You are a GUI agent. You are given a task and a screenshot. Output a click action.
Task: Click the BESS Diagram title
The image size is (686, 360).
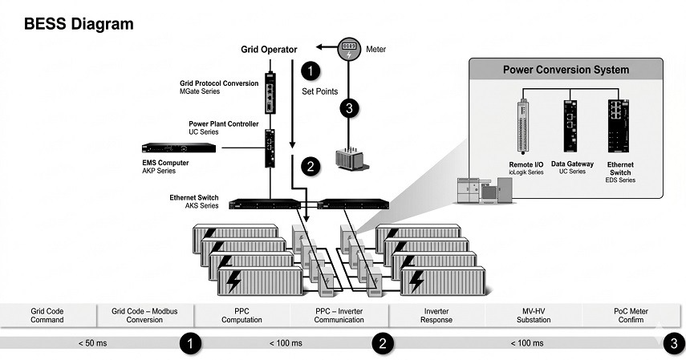[x=79, y=24]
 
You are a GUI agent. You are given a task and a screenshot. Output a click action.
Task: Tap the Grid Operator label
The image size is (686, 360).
[x=269, y=49]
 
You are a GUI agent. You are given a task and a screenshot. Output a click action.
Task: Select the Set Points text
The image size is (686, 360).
[x=320, y=91]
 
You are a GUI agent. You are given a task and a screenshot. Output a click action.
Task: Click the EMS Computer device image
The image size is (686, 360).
[x=178, y=148]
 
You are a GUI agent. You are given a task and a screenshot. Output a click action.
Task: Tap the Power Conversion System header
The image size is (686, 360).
[x=566, y=69]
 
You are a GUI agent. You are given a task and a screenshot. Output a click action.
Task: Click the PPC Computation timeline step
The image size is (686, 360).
[x=242, y=315]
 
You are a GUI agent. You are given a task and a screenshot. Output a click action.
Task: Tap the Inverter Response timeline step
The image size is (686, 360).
[x=436, y=315]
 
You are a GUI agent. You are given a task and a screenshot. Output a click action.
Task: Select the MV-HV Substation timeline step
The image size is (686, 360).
[x=533, y=315]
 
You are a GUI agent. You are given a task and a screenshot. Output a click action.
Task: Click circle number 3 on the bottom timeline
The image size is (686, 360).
[x=672, y=343]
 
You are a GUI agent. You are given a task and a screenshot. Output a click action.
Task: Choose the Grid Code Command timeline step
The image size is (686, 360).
[x=47, y=315]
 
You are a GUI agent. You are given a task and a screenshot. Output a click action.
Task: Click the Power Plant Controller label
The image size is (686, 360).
[x=223, y=124]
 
